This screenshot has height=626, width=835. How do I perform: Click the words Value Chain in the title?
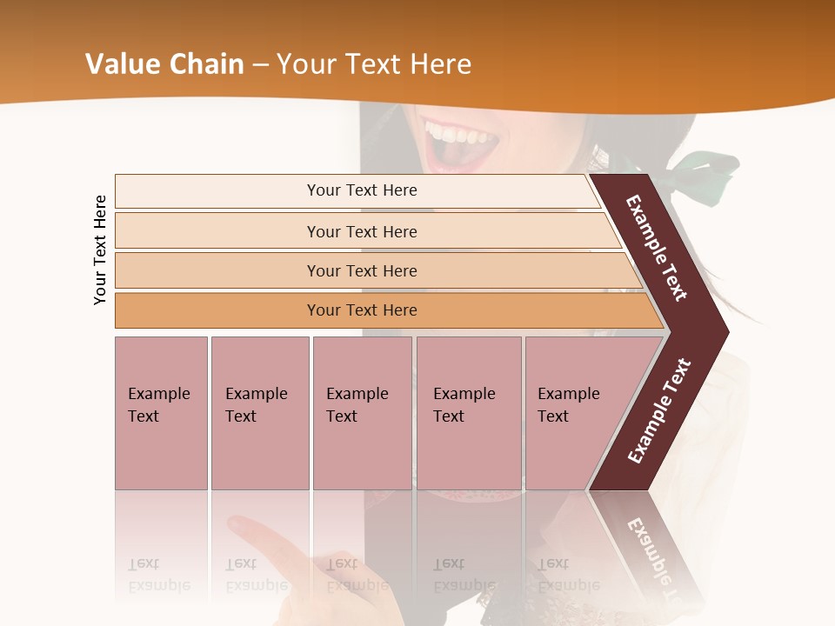(164, 63)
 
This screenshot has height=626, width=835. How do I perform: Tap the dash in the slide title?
(260, 64)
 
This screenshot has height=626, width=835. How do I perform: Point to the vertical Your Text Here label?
(100, 250)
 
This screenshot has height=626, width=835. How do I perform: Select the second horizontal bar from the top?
(361, 231)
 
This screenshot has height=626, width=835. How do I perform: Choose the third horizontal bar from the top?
(361, 270)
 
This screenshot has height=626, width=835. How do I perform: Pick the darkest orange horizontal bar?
(361, 310)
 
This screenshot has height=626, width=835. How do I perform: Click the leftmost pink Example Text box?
(161, 412)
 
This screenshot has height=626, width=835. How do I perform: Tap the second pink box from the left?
(259, 412)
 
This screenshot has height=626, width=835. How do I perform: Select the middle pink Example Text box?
(362, 412)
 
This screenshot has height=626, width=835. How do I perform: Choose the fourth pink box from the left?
(469, 412)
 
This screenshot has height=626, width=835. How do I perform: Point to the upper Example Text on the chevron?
(657, 248)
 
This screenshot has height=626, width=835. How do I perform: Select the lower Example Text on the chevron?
(659, 410)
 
